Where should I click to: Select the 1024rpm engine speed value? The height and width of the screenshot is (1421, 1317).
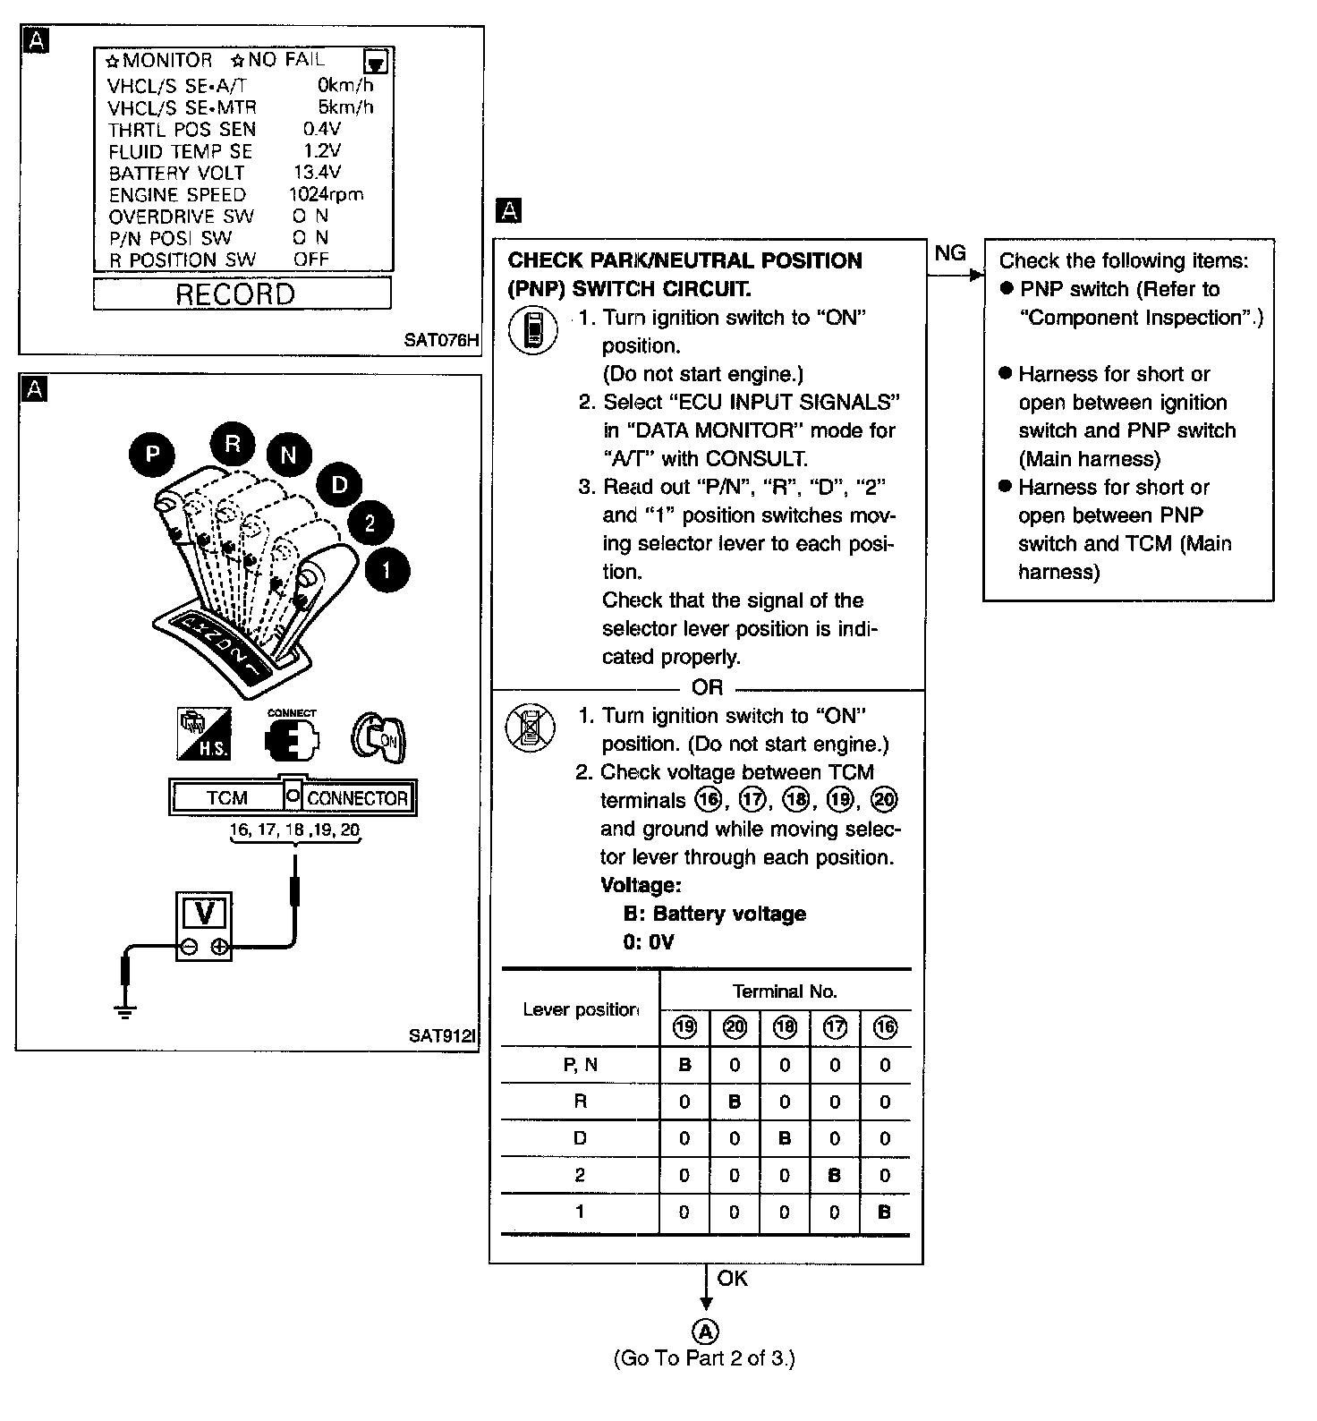[326, 194]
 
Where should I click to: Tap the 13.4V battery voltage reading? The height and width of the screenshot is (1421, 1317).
[317, 172]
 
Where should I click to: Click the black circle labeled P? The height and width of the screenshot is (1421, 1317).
[152, 455]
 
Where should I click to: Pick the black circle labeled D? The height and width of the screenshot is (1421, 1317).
[339, 485]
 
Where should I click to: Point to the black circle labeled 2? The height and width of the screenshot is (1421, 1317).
[370, 523]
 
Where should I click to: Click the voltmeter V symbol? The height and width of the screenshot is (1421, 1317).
[205, 914]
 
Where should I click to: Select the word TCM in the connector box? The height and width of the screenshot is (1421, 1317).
[226, 798]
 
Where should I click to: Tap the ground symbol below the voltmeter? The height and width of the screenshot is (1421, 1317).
[125, 1011]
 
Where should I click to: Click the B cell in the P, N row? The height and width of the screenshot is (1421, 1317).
[684, 1065]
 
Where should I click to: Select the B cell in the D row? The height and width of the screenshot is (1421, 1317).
[785, 1138]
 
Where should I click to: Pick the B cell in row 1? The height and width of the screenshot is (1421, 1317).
[885, 1213]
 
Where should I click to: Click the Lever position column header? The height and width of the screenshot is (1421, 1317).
[580, 1009]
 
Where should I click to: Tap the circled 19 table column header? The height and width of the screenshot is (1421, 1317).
[684, 1027]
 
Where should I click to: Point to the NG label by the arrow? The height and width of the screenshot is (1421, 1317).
[949, 253]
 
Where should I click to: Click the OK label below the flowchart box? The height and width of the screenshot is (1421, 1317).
[732, 1278]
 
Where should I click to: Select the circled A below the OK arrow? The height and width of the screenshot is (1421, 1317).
[706, 1330]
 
